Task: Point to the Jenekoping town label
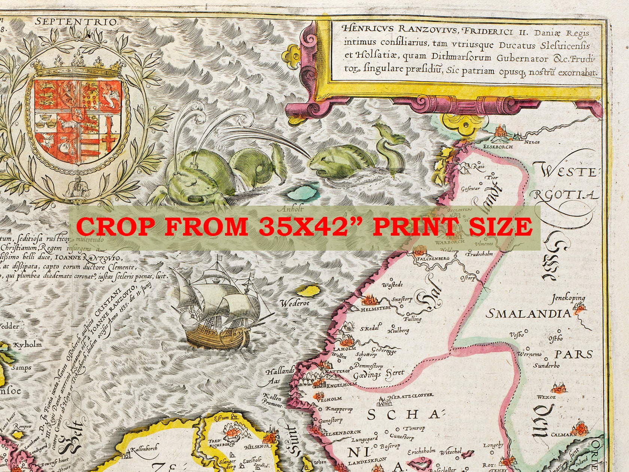[x=568, y=299]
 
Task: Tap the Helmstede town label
[x=375, y=310]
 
